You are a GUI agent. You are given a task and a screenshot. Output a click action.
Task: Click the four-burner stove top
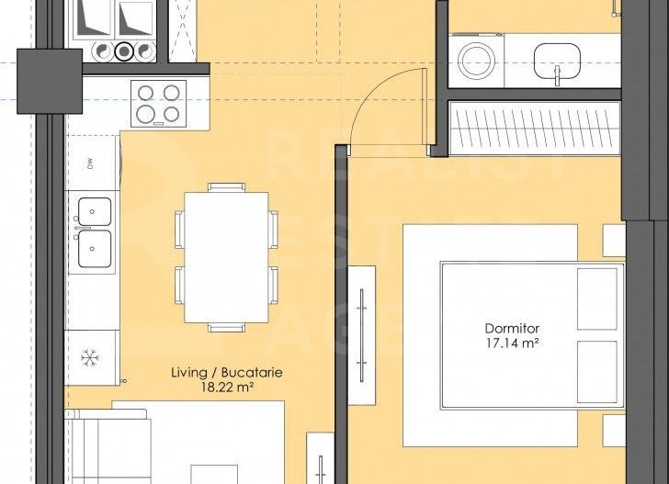coord(159,103)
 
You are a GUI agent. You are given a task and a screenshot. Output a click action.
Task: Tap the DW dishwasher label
coord(90,165)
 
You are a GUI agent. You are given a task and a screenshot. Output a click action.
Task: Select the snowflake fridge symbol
coord(90,355)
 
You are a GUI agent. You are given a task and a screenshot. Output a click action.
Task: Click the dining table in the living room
coord(226,256)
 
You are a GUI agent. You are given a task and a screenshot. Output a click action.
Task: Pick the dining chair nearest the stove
coord(226,187)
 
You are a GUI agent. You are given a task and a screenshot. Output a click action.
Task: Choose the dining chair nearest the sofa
coord(226,327)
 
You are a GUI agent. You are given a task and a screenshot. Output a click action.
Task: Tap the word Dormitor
coord(512,328)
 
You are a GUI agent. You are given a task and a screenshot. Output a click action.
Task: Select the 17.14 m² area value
coord(512,343)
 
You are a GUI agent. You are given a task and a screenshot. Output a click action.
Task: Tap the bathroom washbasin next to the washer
coord(558,62)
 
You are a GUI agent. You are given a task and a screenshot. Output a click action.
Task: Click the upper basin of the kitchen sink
coord(95,211)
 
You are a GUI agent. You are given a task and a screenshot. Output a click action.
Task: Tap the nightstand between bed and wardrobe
coord(613,241)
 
